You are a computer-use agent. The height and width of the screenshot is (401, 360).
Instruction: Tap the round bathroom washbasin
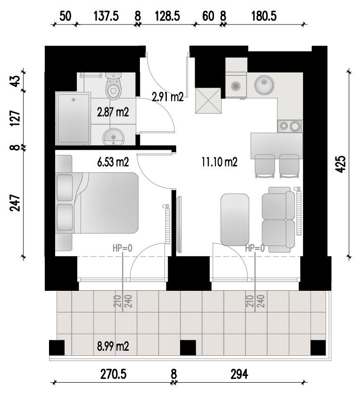tap(114, 137)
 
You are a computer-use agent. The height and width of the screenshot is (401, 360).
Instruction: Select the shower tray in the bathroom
tap(73, 118)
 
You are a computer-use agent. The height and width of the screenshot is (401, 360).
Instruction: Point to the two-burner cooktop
tap(290, 126)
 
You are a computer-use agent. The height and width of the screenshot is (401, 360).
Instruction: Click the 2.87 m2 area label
tap(113, 112)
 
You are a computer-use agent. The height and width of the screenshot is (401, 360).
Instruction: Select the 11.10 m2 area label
tap(220, 162)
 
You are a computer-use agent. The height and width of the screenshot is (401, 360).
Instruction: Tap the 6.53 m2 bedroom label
tap(113, 162)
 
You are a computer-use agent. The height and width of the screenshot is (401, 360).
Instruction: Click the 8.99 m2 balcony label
tap(113, 346)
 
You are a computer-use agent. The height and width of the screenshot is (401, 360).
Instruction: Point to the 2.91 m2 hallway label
tap(168, 97)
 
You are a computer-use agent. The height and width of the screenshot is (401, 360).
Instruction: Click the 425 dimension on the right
tap(341, 164)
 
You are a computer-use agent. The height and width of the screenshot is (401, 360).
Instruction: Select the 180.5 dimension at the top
tap(264, 16)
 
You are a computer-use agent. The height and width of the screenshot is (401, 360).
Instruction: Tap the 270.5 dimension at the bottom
tap(113, 374)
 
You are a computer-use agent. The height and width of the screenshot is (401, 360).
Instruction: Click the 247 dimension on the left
tap(15, 202)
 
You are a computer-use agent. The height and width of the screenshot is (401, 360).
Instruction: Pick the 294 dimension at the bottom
tap(239, 374)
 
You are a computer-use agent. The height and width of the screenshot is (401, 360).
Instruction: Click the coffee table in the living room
tap(235, 220)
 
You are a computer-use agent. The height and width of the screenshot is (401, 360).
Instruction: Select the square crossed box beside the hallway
tap(208, 101)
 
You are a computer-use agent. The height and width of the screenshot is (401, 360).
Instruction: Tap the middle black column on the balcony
tap(188, 347)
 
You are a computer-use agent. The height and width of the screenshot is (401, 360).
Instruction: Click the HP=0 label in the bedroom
tap(123, 248)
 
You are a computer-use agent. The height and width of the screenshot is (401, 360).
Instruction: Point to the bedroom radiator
tap(167, 224)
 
